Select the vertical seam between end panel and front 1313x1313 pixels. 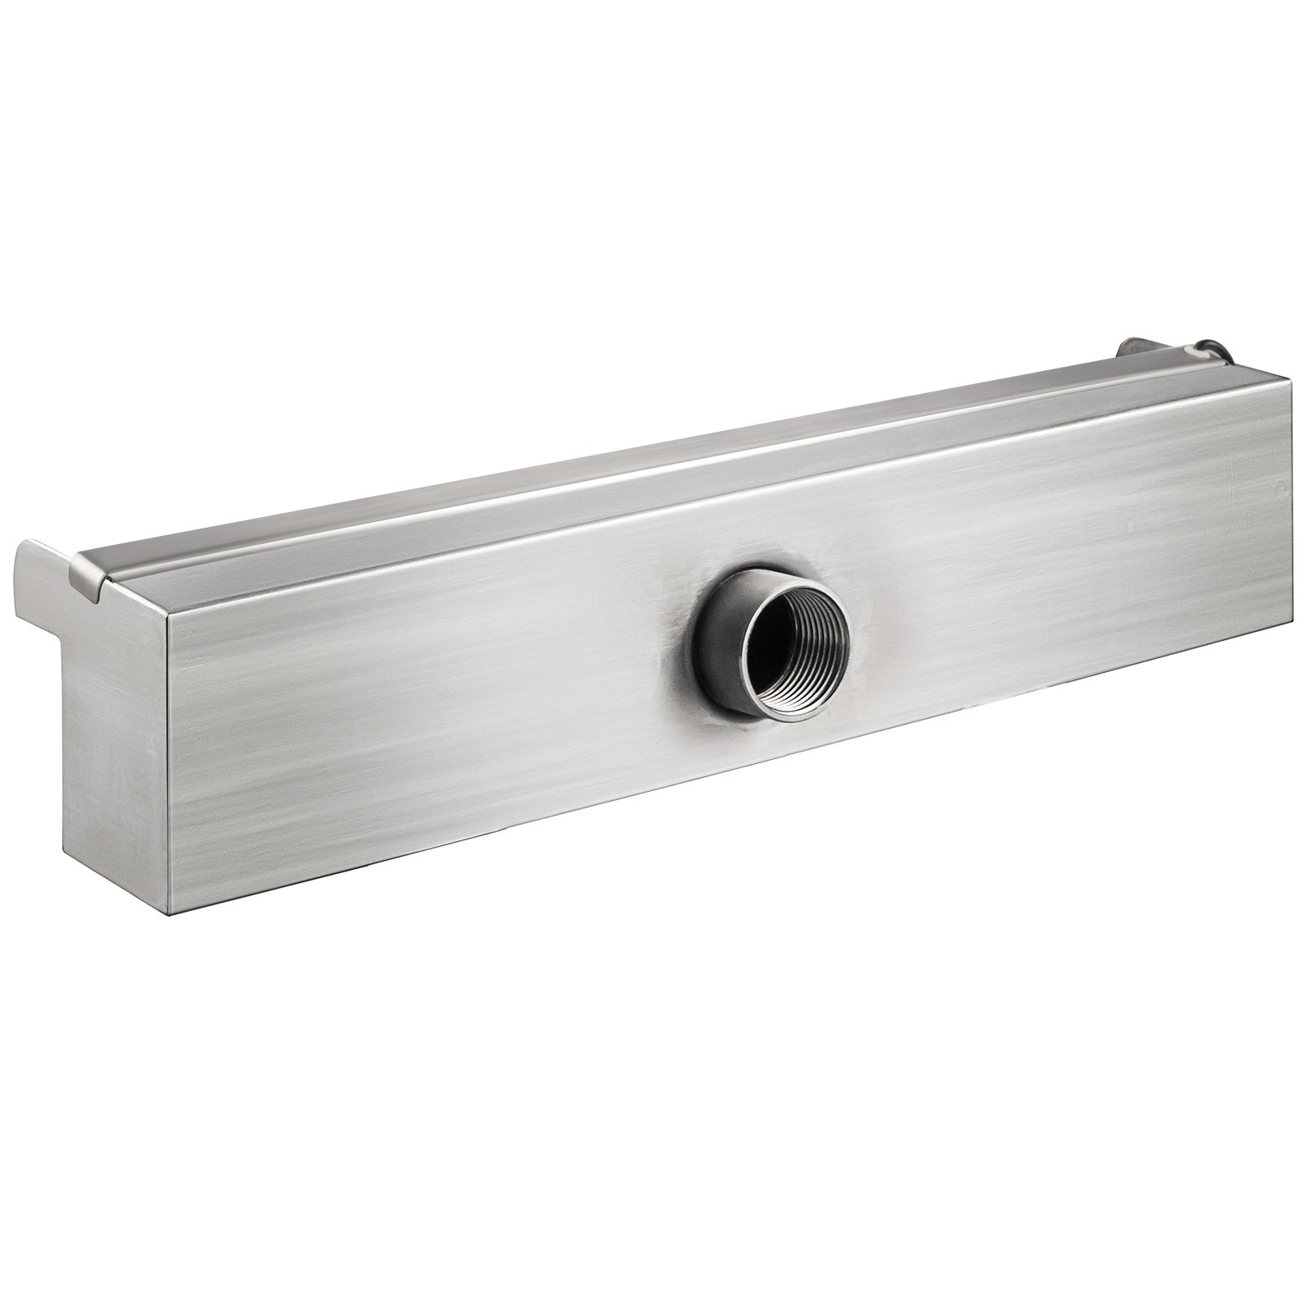[x=169, y=763]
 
